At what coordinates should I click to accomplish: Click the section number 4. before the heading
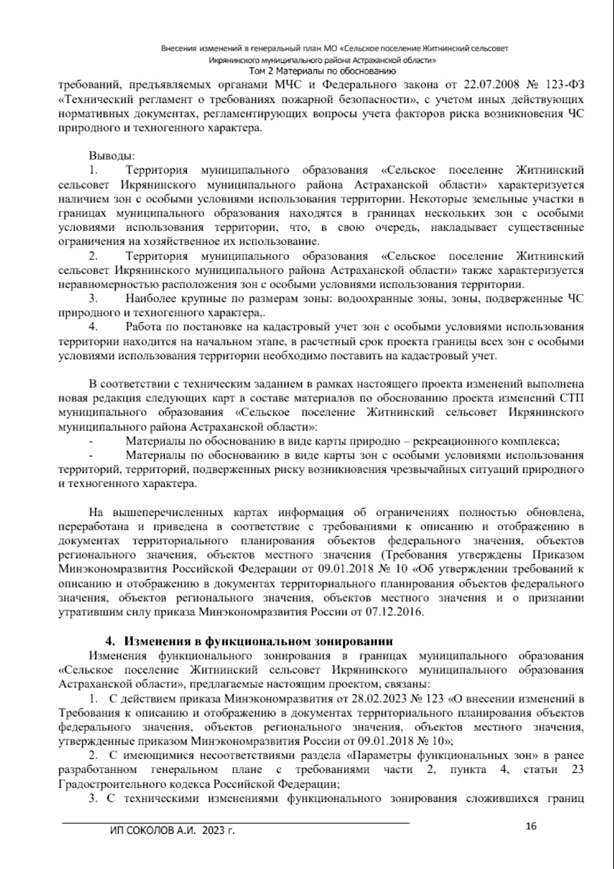[109, 641]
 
